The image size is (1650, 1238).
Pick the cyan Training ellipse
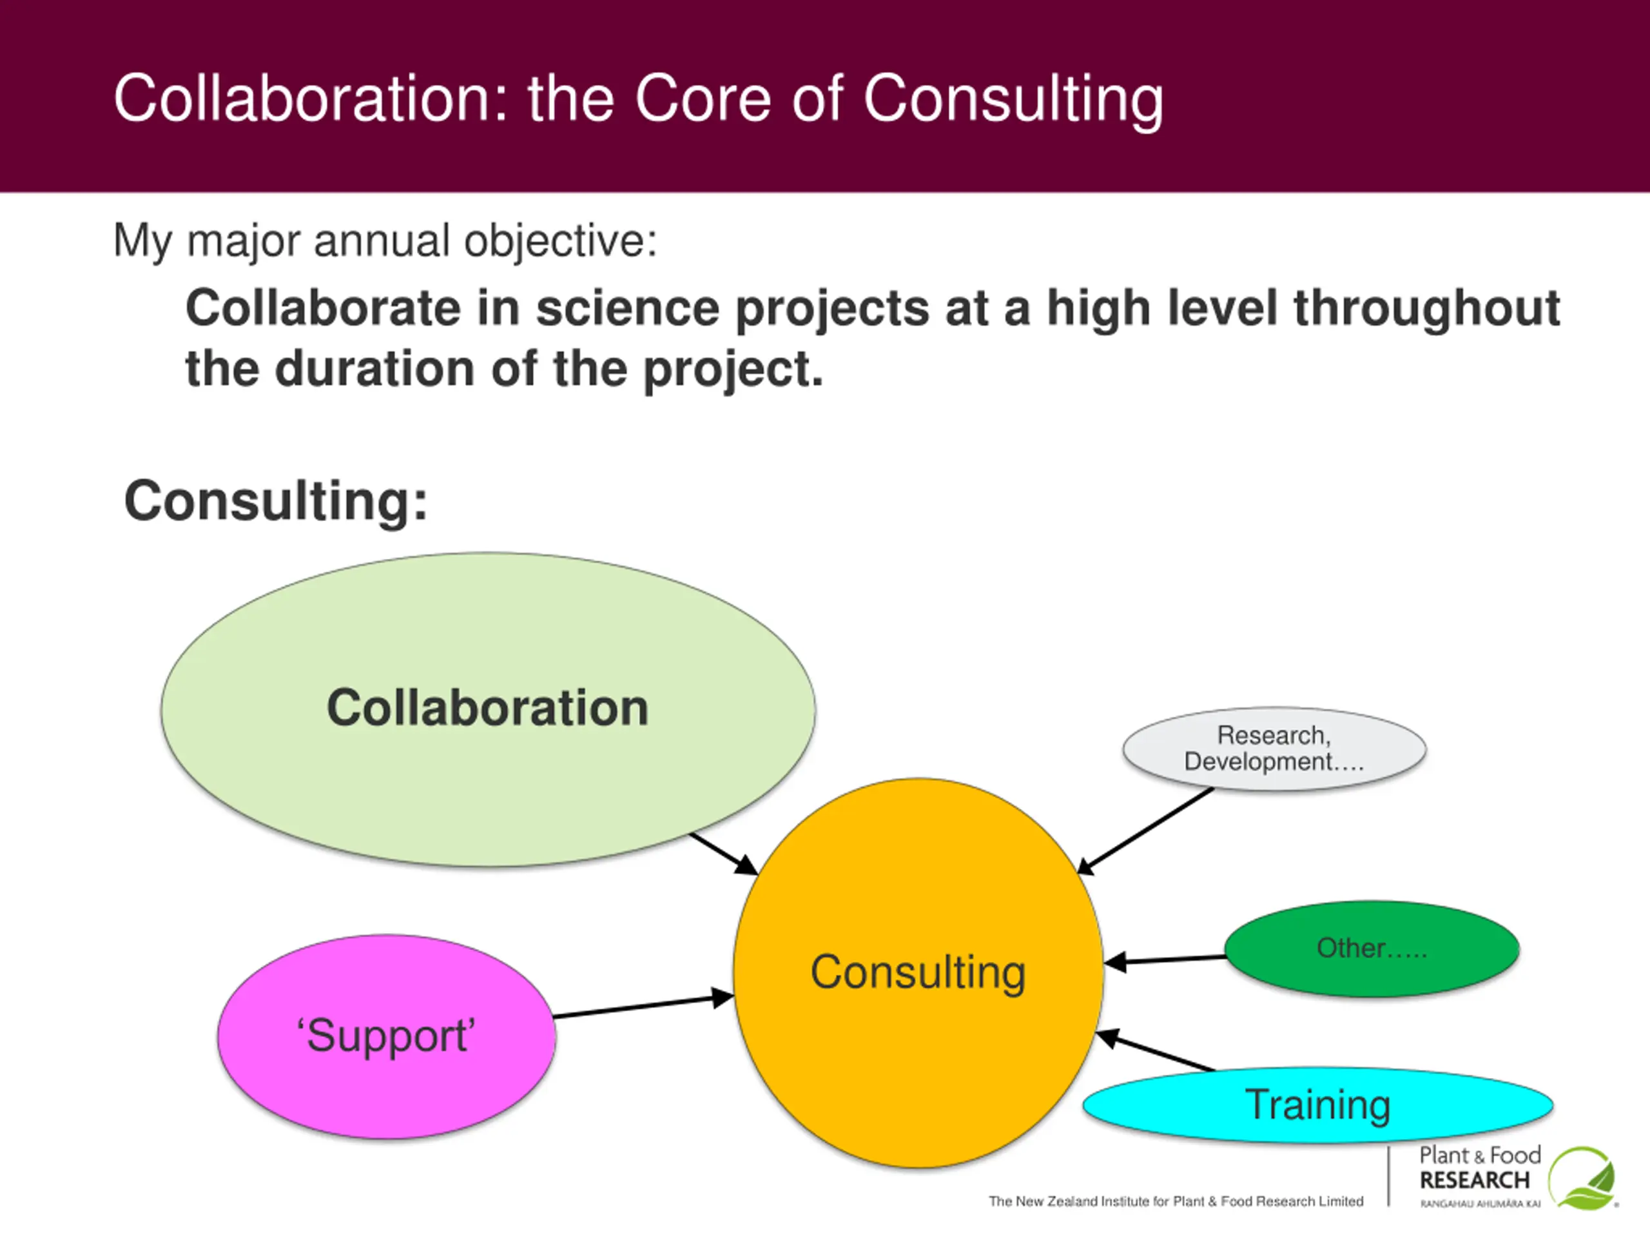point(1317,1105)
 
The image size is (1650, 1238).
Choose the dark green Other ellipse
point(1372,948)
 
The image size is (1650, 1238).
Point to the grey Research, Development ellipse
point(1274,749)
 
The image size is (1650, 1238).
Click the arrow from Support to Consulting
point(641,1007)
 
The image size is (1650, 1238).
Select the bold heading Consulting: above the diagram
point(276,501)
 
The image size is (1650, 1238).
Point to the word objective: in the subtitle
point(560,241)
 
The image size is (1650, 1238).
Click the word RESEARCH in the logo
point(1474,1181)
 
